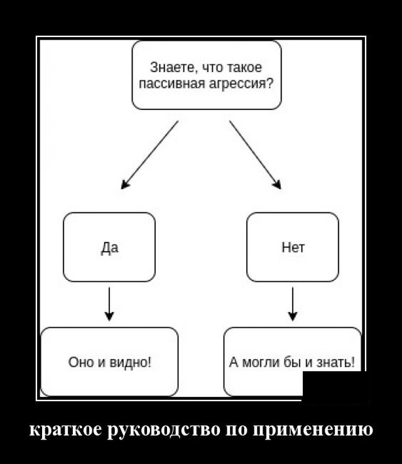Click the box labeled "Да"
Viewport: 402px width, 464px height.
pos(109,247)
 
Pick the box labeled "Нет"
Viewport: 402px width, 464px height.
pos(293,247)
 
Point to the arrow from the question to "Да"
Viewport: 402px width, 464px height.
pos(149,154)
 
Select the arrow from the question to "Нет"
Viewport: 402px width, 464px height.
pos(255,154)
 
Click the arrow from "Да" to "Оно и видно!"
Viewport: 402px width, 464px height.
pos(109,304)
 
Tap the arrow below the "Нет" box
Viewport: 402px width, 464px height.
pos(293,304)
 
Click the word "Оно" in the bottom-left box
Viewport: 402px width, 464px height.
pos(79,362)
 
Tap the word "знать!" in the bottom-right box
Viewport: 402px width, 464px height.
pos(337,362)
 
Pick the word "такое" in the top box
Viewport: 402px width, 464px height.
pos(245,68)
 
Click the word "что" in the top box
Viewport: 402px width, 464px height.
pos(209,68)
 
